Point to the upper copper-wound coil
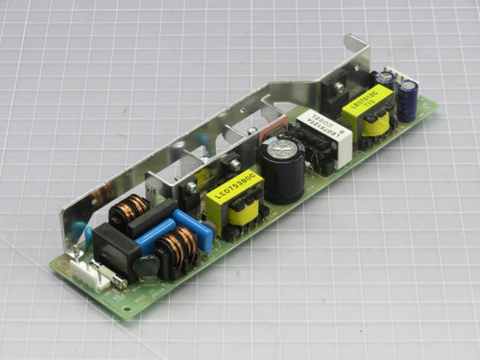click(131, 207)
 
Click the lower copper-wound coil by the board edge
click(180, 249)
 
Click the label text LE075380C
click(231, 190)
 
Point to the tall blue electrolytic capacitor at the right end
click(407, 97)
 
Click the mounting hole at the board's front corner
click(127, 309)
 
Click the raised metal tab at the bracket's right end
click(356, 53)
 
